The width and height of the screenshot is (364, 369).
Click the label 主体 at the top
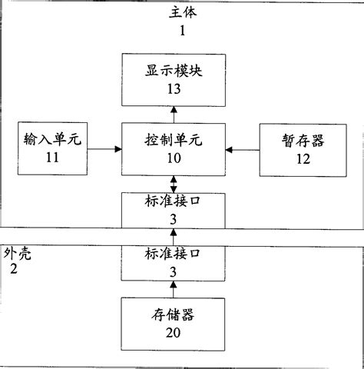tap(183, 12)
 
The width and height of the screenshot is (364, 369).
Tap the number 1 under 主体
tap(182, 31)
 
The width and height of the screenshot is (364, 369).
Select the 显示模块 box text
tap(174, 71)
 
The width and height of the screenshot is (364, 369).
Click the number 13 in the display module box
tap(174, 89)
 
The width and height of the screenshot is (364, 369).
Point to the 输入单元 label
tap(52, 139)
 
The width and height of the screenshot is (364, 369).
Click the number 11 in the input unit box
tap(52, 158)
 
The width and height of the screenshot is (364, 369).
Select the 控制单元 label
tap(174, 140)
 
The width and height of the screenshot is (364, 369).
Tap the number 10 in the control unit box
tap(174, 158)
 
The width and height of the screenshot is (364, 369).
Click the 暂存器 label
tap(303, 141)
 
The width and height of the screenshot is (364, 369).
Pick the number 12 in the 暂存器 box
tap(303, 159)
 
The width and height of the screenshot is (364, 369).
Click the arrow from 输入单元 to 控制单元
tap(104, 149)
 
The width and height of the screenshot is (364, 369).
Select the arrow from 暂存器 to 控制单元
tap(243, 150)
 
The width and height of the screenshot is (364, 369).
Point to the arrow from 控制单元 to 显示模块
tap(174, 115)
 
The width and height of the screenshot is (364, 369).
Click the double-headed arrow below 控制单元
tap(174, 184)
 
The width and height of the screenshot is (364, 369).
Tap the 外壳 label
tap(18, 254)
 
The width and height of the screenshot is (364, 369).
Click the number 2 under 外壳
tap(14, 268)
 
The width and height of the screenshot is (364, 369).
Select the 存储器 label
tap(173, 315)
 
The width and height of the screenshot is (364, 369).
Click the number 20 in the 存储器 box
tap(173, 333)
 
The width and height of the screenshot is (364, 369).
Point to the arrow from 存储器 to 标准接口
tap(174, 289)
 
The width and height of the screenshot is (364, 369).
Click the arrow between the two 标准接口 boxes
tap(174, 238)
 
